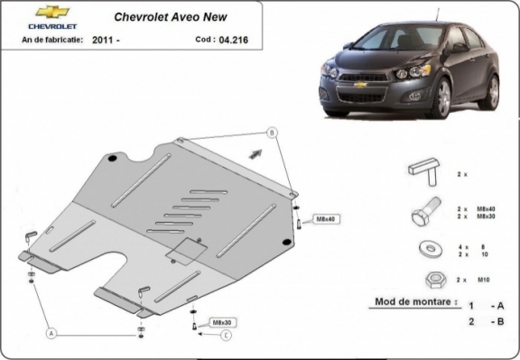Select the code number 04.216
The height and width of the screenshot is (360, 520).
229,40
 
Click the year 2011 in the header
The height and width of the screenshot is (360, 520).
104,41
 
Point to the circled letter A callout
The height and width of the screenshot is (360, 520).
51,333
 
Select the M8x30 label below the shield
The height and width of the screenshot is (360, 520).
220,322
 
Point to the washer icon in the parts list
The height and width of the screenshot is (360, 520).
424,248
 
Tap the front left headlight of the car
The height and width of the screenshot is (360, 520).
421,70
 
